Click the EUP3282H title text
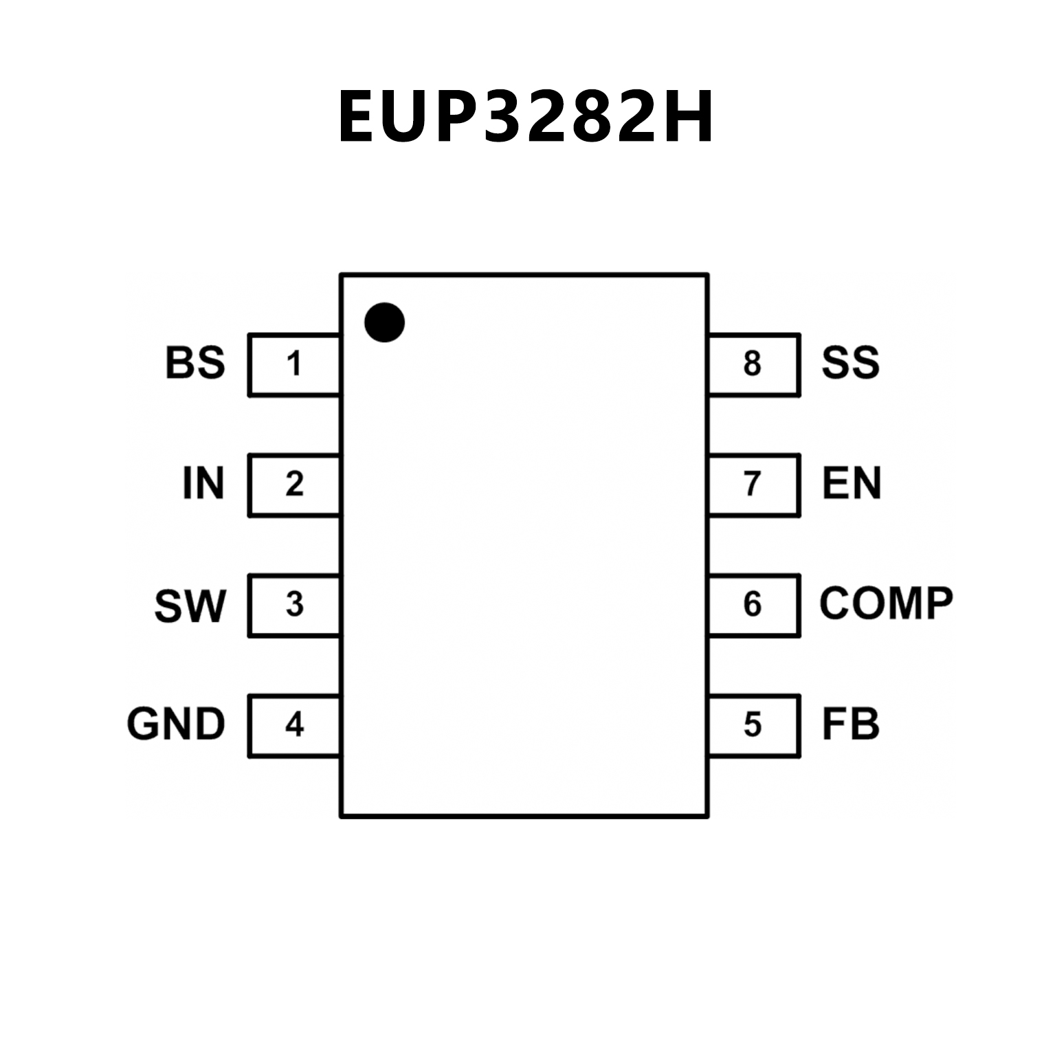coord(526,117)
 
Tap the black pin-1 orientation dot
coord(384,322)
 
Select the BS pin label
coord(195,363)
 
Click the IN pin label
coord(203,483)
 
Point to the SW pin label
coord(190,606)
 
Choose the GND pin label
coord(176,724)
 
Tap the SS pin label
coord(850,363)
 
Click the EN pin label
coord(852,483)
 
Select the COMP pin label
coord(886,603)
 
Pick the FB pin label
coord(850,724)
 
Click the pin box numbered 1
coord(294,364)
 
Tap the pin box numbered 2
coord(294,485)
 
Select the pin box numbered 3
coord(294,605)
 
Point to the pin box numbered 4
coord(294,725)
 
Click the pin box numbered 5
coord(753,725)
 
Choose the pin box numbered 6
coord(753,605)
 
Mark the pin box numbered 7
coord(753,485)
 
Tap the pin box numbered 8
coord(753,364)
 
